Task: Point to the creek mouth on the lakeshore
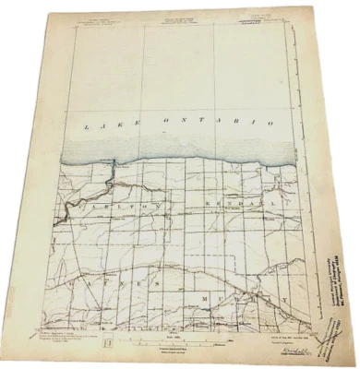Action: (x=111, y=163)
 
